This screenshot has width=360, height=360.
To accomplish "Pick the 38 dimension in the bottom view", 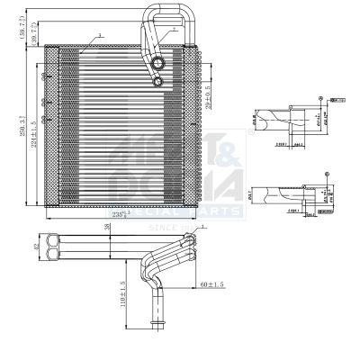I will point(107,228).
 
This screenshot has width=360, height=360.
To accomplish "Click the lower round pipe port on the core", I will point(158,82).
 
